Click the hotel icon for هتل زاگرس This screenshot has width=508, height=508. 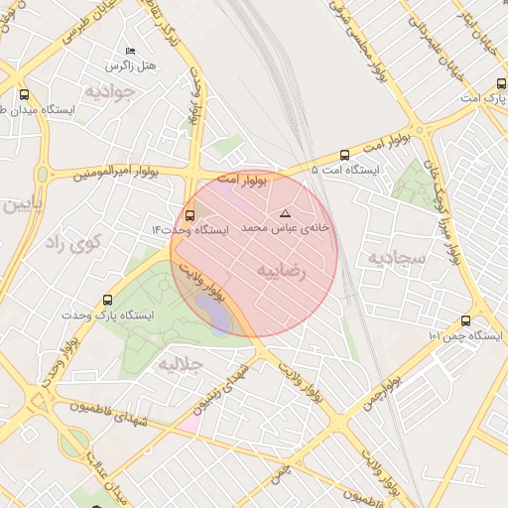(129, 51)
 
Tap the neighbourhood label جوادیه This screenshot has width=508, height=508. (107, 91)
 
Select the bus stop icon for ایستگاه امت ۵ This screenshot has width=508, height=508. (344, 155)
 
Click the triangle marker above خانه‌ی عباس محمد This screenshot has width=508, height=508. (286, 213)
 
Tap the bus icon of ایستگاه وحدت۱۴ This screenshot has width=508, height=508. (190, 214)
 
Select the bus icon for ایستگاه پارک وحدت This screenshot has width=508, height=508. (107, 300)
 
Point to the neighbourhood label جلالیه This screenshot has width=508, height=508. (180, 364)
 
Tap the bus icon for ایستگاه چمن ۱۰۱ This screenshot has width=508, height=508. (465, 320)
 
